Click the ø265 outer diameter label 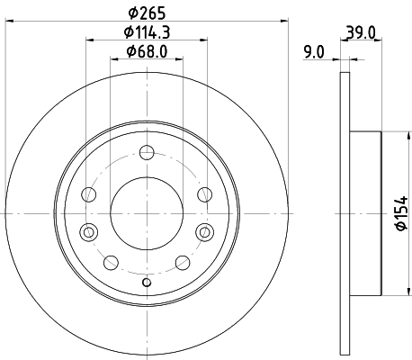[x=147, y=13]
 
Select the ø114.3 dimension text [x=147, y=32]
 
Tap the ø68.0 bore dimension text [x=147, y=51]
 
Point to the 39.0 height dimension [x=361, y=32]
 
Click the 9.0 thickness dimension [x=314, y=52]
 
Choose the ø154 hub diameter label [x=402, y=213]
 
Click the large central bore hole [x=147, y=213]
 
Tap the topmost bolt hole [x=147, y=152]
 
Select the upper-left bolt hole [x=89, y=194]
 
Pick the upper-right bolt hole [x=205, y=194]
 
